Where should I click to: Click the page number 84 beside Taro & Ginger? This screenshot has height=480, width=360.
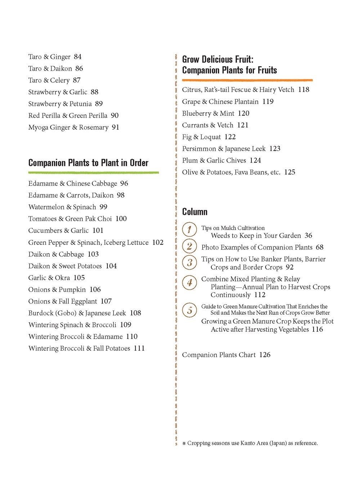78,57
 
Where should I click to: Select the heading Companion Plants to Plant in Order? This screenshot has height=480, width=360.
88,163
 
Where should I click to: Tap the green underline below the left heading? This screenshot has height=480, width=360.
94,173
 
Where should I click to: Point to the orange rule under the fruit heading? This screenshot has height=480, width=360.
247,80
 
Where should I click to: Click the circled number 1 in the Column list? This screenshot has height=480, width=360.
189,229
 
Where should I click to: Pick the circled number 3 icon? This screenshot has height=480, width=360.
189,263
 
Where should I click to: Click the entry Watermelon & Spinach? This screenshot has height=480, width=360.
62,207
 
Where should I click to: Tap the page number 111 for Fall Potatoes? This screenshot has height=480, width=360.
139,348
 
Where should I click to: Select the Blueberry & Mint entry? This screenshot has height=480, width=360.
208,113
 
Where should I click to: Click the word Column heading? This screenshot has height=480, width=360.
195,212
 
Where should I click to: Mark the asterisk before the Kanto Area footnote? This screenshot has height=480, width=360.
184,444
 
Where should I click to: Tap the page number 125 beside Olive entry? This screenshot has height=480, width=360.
289,172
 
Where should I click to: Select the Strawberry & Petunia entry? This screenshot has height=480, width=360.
60,104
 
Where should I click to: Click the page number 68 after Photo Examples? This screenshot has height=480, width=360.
320,247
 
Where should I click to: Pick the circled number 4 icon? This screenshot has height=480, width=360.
189,283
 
